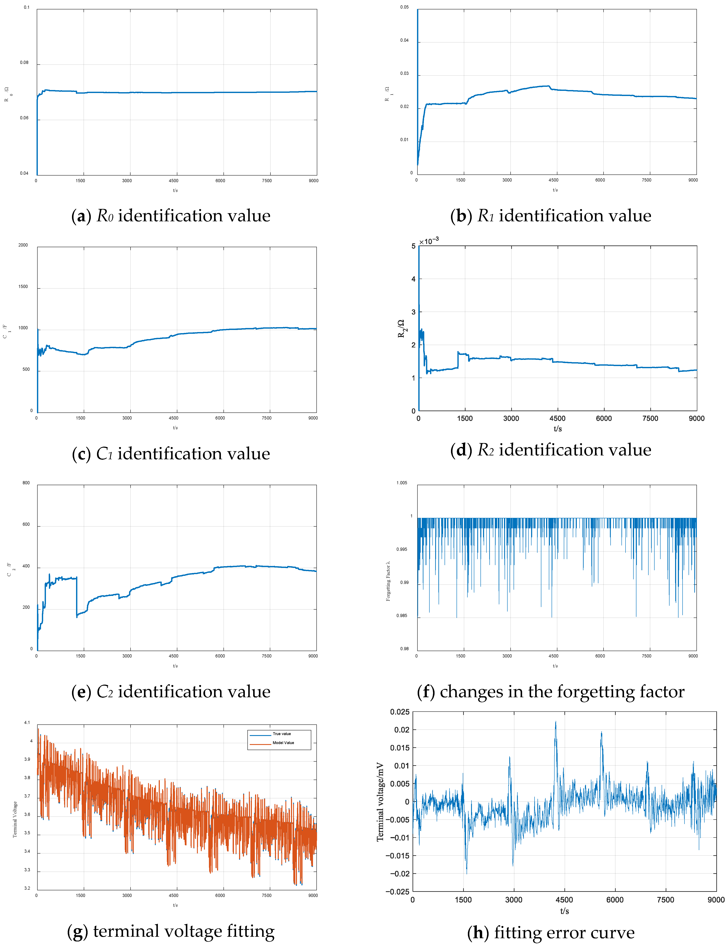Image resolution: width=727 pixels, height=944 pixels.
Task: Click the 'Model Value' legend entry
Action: click(283, 743)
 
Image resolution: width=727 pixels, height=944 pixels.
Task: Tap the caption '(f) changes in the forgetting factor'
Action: click(550, 691)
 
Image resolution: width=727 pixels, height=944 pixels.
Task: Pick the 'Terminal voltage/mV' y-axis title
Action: click(380, 802)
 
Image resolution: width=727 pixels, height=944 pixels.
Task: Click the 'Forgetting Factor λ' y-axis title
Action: click(388, 581)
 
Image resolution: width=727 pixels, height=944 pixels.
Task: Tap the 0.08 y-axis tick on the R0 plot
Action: click(24, 63)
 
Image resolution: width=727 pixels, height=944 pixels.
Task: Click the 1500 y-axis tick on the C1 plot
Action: click(23, 287)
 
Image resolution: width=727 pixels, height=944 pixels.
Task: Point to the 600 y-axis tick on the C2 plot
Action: click(26, 524)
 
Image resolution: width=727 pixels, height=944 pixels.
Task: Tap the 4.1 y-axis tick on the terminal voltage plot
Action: click(27, 723)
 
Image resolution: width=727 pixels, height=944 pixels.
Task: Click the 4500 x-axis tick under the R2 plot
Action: click(557, 418)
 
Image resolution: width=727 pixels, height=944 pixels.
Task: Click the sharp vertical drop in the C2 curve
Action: click(77, 597)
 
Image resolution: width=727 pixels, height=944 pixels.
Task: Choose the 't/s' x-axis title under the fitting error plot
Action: click(564, 911)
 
